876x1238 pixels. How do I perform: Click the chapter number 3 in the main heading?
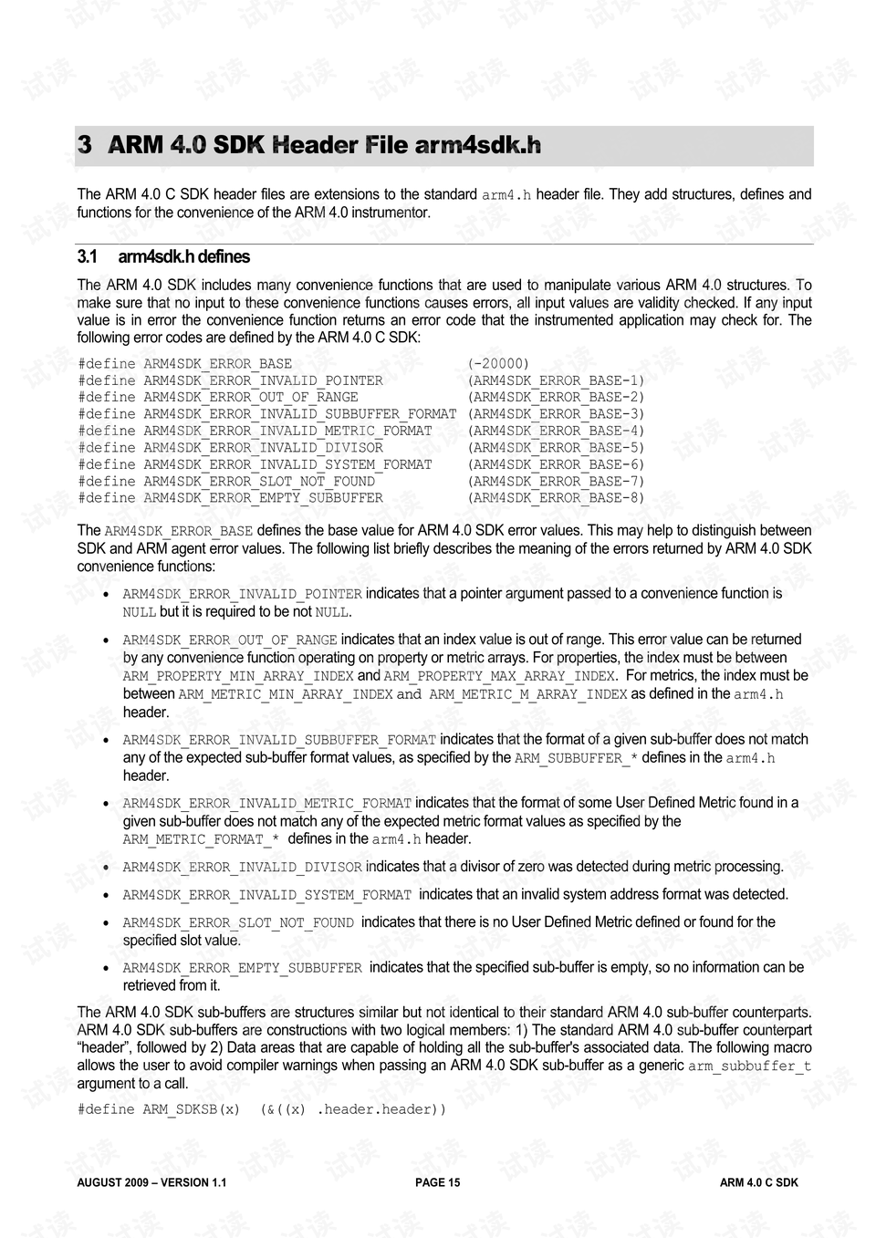[85, 145]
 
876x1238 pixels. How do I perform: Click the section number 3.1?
[88, 257]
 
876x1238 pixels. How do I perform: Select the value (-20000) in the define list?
[498, 363]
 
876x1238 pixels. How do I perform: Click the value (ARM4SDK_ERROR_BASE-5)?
[556, 448]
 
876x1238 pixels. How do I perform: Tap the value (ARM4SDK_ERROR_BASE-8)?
[556, 498]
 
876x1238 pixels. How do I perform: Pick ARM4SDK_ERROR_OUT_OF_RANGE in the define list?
[251, 397]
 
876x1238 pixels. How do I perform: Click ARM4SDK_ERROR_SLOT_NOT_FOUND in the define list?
[259, 482]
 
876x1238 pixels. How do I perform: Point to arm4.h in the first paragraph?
[506, 195]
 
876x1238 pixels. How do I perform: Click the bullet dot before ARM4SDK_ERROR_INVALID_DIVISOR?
[107, 868]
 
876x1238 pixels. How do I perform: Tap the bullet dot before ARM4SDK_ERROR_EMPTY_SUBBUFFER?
[107, 968]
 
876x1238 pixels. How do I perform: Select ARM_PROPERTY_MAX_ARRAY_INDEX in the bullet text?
[499, 676]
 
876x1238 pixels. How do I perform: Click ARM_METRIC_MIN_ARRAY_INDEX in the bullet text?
[285, 694]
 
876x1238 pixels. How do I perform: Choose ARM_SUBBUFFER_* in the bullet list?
[576, 758]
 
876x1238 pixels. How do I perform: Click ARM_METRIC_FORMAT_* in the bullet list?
[201, 839]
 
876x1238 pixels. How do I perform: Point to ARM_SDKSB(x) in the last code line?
[192, 1109]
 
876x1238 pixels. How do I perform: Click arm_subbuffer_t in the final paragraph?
[749, 1066]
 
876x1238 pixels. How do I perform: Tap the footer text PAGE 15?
[437, 1182]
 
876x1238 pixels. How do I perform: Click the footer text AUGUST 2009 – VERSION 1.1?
[151, 1182]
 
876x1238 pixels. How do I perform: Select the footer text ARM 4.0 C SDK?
[758, 1182]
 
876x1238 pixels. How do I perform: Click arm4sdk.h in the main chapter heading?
[477, 145]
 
